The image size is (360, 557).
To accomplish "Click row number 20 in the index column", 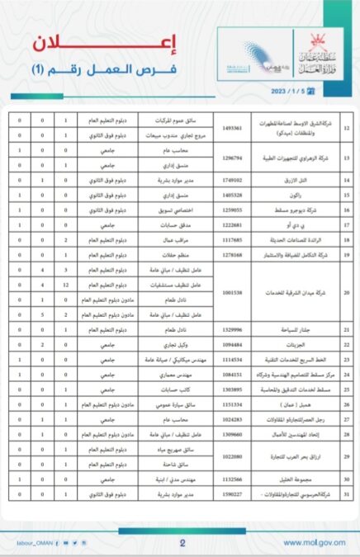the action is pyautogui.click(x=346, y=292).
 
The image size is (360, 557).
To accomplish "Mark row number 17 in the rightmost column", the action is pyautogui.click(x=346, y=224).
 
